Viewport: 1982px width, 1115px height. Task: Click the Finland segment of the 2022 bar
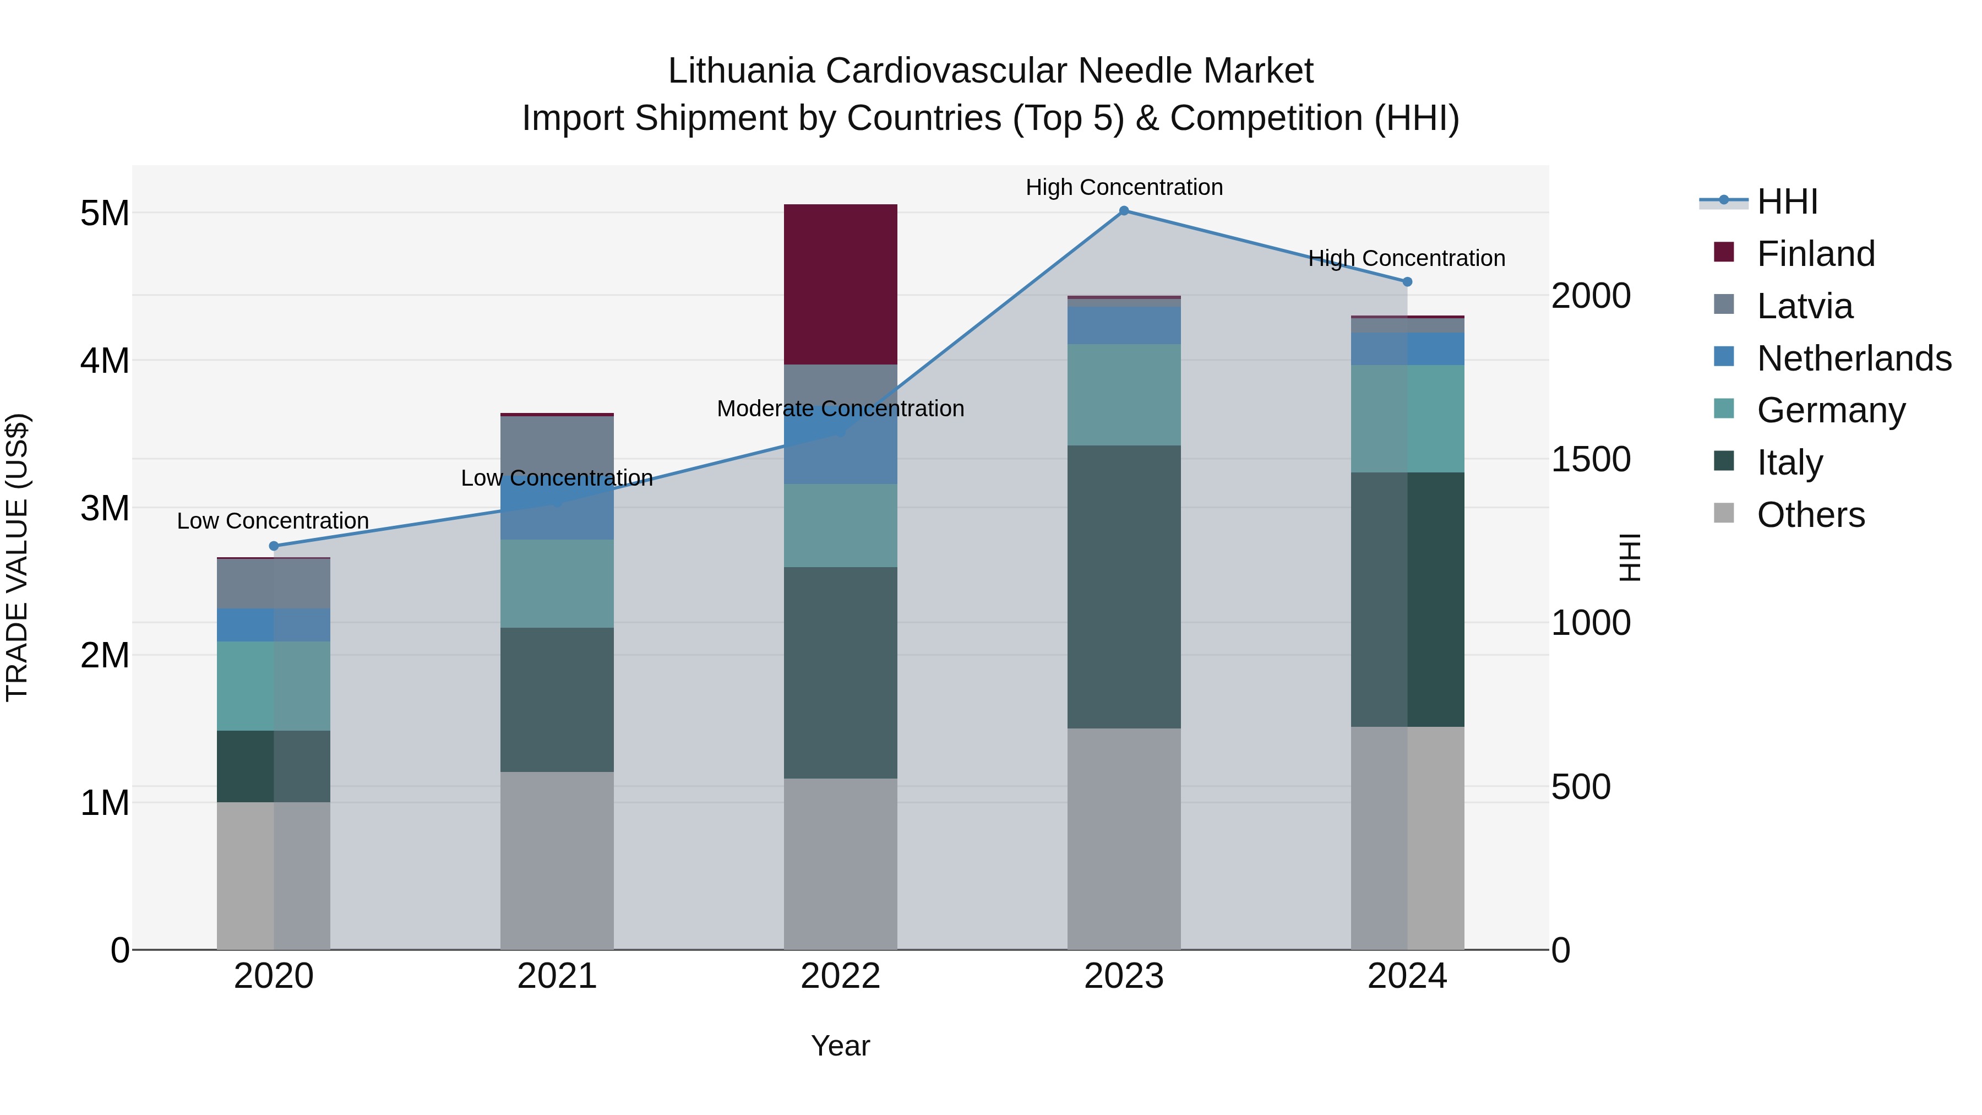pyautogui.click(x=840, y=284)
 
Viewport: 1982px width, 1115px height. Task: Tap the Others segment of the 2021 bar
pyautogui.click(x=557, y=860)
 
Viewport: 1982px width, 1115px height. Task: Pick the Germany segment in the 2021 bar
pyautogui.click(x=557, y=583)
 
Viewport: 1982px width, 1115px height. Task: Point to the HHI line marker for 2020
pyautogui.click(x=274, y=546)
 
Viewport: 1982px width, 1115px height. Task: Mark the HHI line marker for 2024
pyautogui.click(x=1407, y=281)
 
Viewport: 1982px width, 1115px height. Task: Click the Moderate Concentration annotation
pyautogui.click(x=840, y=409)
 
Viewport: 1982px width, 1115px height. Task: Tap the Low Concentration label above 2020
pyautogui.click(x=273, y=521)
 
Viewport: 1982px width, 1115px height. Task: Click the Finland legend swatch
pyautogui.click(x=1724, y=252)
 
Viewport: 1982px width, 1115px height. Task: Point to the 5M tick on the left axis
pyautogui.click(x=105, y=213)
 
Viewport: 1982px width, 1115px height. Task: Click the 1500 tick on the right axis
pyautogui.click(x=1591, y=459)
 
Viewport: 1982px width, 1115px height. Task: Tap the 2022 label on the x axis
pyautogui.click(x=840, y=976)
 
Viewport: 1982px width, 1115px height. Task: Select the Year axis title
pyautogui.click(x=840, y=1046)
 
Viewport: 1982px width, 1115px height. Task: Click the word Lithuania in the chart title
pyautogui.click(x=740, y=71)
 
